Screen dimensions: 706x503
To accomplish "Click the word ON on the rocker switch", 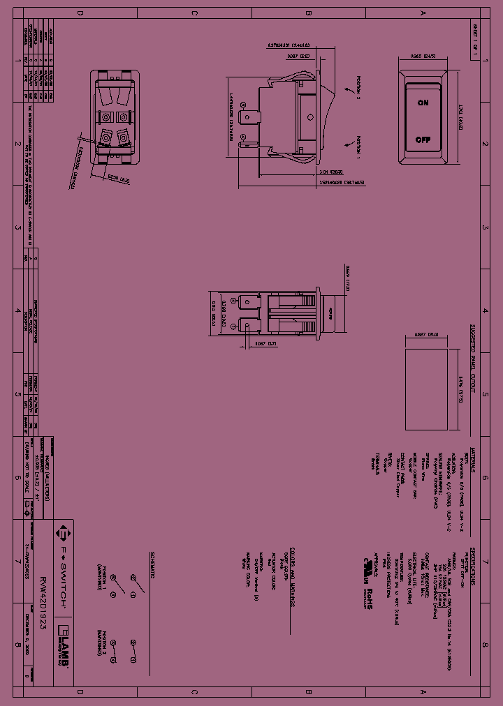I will (423, 103).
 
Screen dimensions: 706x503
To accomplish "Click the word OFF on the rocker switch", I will (423, 140).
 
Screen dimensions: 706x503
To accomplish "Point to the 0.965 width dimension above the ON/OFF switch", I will (423, 55).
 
